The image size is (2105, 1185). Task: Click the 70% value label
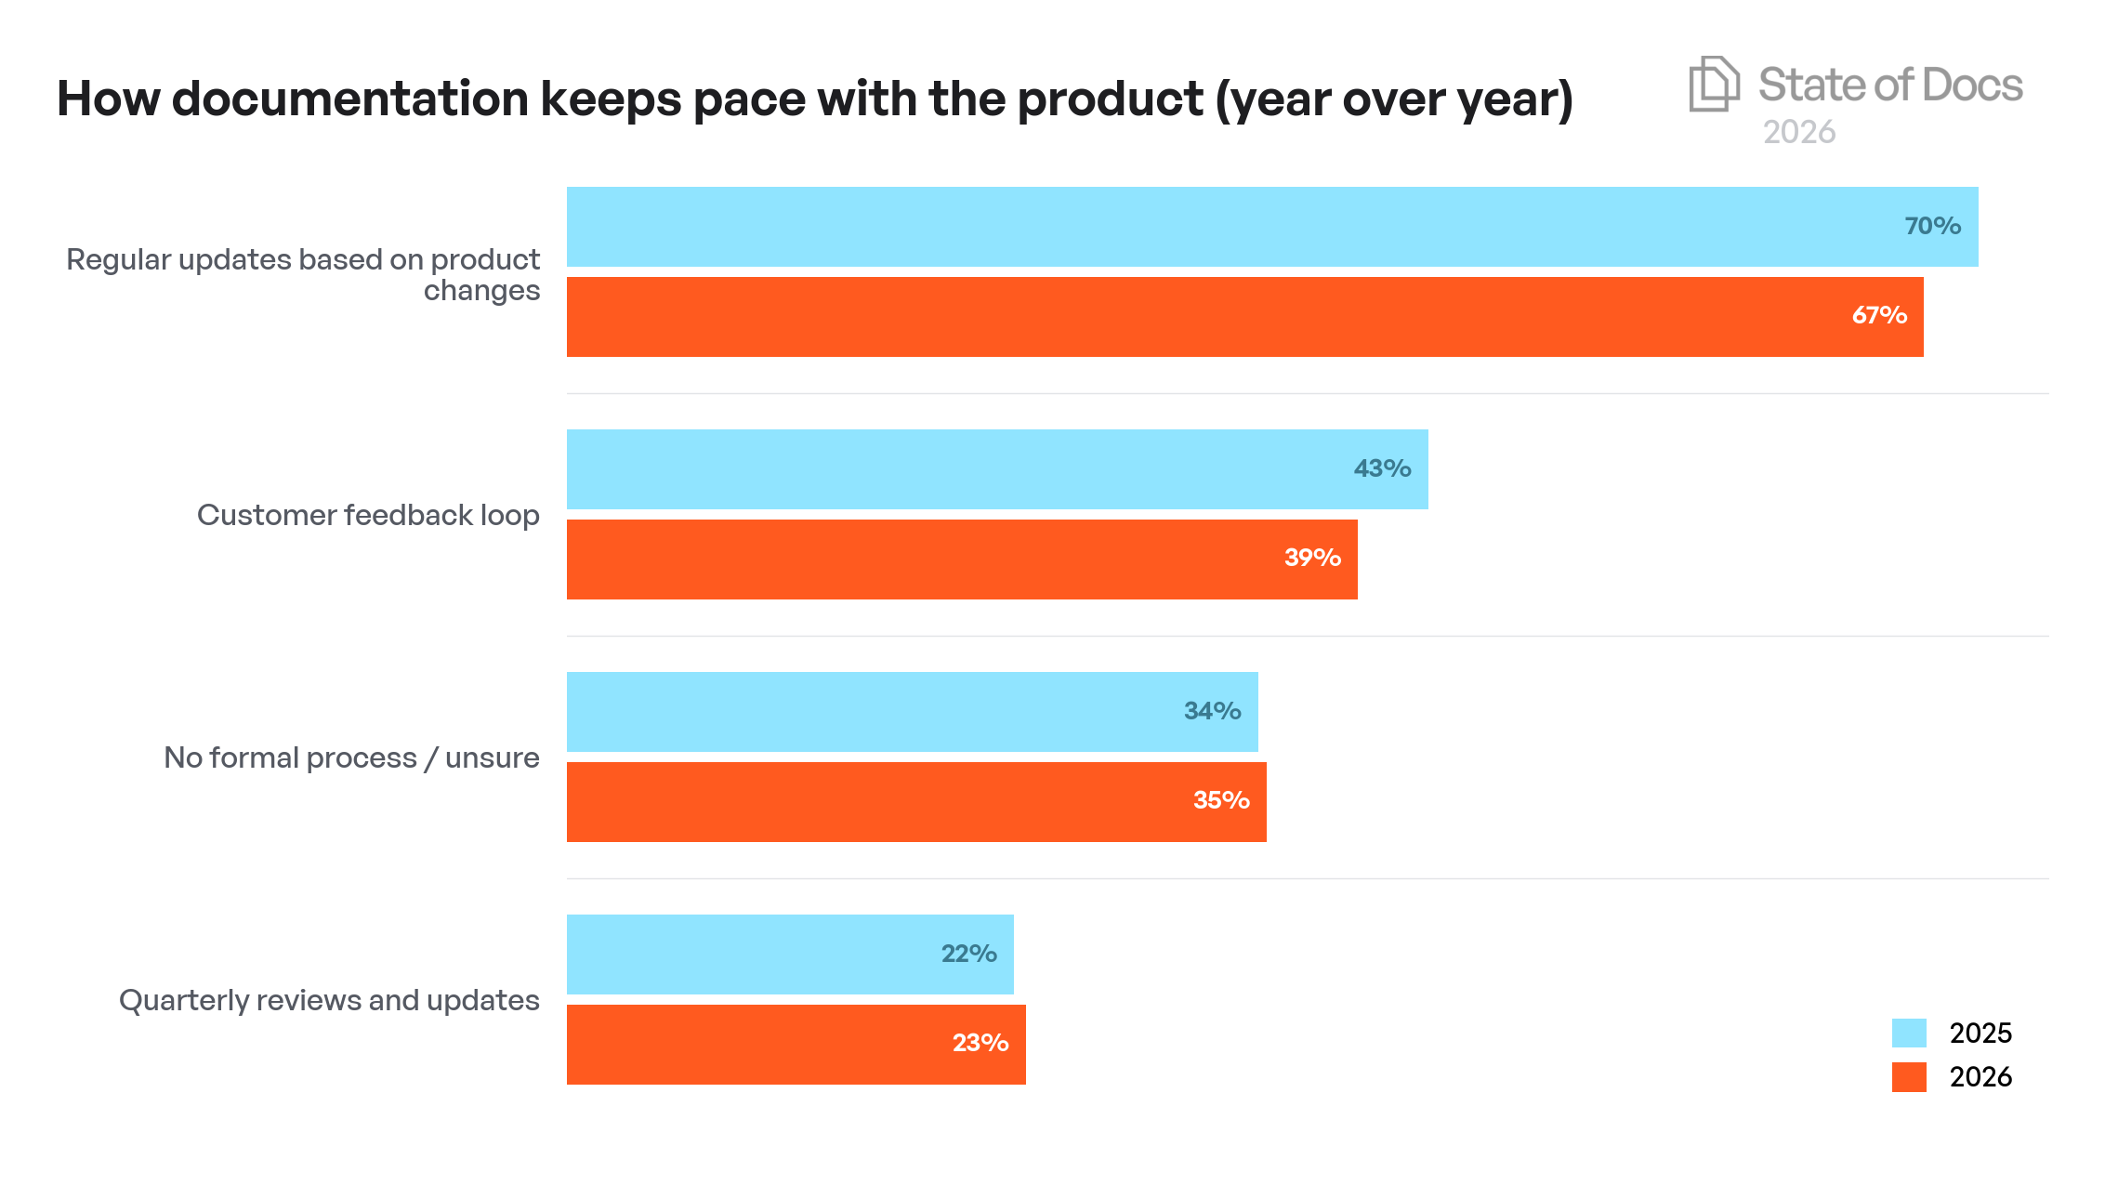(x=1932, y=226)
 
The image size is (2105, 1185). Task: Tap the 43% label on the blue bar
(x=1382, y=468)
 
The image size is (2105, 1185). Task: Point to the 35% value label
(x=1220, y=800)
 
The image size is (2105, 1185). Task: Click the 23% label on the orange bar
(x=980, y=1043)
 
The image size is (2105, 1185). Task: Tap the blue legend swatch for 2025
(x=1909, y=1033)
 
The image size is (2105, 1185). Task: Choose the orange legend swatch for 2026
(x=1909, y=1076)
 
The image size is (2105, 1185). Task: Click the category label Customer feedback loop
(x=368, y=515)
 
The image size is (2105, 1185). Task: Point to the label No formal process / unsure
(x=351, y=757)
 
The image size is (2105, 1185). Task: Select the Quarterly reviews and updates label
(x=329, y=1000)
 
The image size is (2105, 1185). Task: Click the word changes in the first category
(x=481, y=291)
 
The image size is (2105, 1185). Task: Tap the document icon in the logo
(x=1713, y=84)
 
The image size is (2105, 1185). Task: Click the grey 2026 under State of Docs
(x=1798, y=132)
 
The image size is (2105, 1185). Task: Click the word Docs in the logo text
(x=1971, y=85)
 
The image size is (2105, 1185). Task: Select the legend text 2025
(x=1980, y=1033)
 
